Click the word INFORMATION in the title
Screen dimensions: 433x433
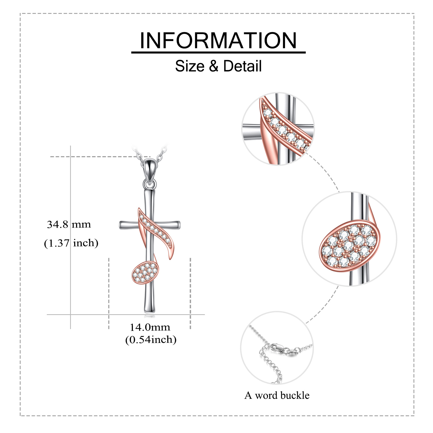tap(218, 41)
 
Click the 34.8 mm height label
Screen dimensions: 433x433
tap(69, 224)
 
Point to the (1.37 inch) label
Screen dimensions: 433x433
tap(71, 243)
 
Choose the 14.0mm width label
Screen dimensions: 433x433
tap(150, 327)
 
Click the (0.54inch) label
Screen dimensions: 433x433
tap(151, 340)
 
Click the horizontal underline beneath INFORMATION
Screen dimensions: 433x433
tap(218, 52)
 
